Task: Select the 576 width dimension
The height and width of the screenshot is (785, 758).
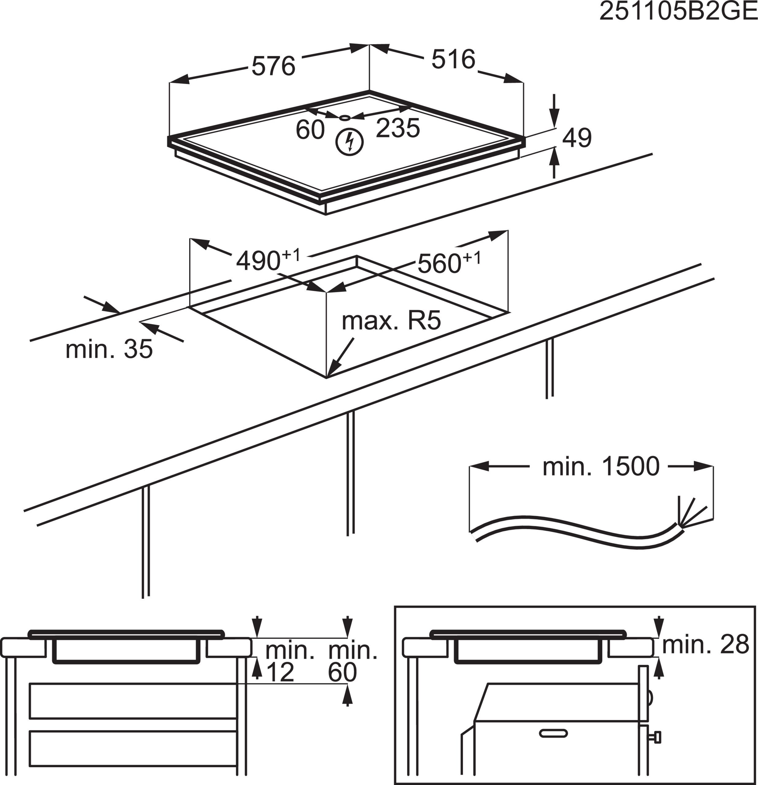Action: coord(273,66)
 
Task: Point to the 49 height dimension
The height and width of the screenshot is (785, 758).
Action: coord(576,138)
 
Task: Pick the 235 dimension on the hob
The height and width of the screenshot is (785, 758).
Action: coord(398,128)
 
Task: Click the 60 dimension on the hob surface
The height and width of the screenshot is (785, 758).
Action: coord(310,130)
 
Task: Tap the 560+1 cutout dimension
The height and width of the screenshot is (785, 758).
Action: coord(449,263)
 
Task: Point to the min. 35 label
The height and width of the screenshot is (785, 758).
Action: coord(109,349)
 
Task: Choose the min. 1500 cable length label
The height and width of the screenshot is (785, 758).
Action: coord(601,467)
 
